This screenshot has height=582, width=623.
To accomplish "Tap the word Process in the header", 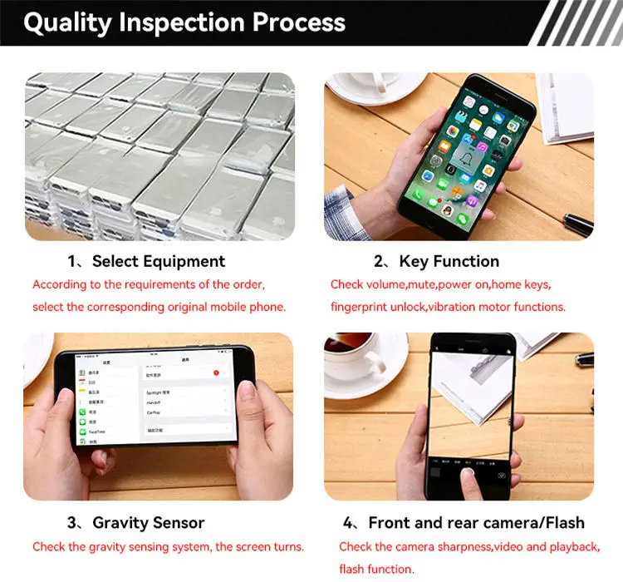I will pos(299,22).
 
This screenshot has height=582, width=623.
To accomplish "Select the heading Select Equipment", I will pos(159,261).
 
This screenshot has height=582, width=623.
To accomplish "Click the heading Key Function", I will pos(449,261).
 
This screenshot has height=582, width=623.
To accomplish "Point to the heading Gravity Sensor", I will pos(149,523).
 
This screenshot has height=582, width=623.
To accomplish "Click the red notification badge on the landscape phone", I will pos(216,373).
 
